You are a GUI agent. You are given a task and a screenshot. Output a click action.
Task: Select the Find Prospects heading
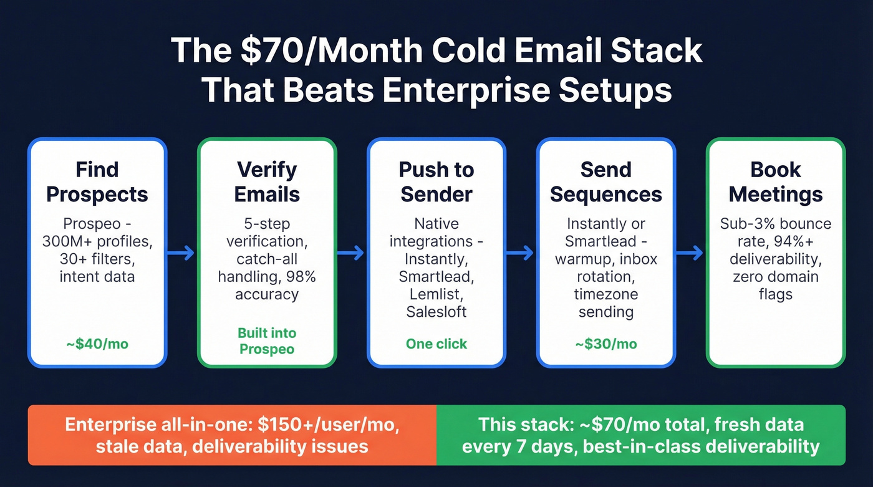(x=97, y=181)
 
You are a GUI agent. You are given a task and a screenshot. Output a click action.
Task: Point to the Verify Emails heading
(x=267, y=181)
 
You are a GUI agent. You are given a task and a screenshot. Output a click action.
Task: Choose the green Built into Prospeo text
(x=267, y=340)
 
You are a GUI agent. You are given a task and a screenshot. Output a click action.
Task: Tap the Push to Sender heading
(x=436, y=181)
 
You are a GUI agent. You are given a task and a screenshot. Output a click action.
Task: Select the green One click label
(x=436, y=344)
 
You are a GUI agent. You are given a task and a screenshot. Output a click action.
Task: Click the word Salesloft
(x=436, y=311)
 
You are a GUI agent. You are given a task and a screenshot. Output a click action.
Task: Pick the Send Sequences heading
(x=605, y=181)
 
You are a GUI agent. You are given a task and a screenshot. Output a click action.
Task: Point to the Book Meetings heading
(x=776, y=181)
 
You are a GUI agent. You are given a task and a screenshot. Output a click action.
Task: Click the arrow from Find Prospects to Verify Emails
(x=181, y=253)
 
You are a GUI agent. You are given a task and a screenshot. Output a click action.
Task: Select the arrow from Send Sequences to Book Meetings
(x=690, y=253)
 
